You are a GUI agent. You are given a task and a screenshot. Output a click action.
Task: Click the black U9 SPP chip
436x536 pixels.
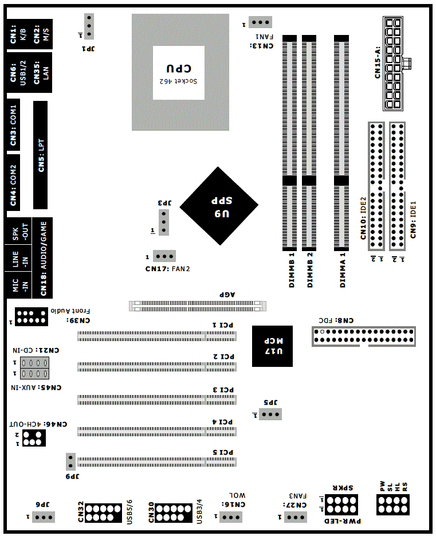219,206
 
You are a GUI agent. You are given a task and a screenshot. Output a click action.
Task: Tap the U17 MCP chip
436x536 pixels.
272,346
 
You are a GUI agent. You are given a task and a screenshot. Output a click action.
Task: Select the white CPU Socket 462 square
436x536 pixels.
179,73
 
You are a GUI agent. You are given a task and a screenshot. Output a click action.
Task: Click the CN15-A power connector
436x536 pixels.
393,64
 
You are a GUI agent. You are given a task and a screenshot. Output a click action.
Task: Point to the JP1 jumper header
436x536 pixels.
89,26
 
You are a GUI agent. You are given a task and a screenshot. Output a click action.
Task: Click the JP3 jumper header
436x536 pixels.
164,222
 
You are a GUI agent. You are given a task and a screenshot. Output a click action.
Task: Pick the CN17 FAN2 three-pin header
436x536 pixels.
164,256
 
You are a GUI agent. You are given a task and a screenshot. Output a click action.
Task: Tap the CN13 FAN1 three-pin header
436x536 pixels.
260,22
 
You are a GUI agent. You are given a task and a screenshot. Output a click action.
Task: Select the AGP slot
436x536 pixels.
198,306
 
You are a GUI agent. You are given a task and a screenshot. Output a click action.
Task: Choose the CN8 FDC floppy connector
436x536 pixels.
364,336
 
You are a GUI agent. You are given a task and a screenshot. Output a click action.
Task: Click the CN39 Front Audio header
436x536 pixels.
32,316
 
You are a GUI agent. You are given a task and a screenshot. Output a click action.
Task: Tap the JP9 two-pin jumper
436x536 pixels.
70,461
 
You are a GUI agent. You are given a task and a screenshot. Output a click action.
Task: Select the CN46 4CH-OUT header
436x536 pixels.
34,438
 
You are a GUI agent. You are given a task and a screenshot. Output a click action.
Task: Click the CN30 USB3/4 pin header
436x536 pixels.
174,512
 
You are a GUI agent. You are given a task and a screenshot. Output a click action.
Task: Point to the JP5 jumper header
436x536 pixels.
270,414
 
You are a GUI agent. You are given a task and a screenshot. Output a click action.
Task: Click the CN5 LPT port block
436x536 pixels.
40,155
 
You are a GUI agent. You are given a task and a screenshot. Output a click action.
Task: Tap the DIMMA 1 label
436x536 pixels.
343,270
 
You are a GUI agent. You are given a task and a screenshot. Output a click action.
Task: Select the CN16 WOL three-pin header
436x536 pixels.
231,517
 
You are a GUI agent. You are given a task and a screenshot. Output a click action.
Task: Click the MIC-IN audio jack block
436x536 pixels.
18,285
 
